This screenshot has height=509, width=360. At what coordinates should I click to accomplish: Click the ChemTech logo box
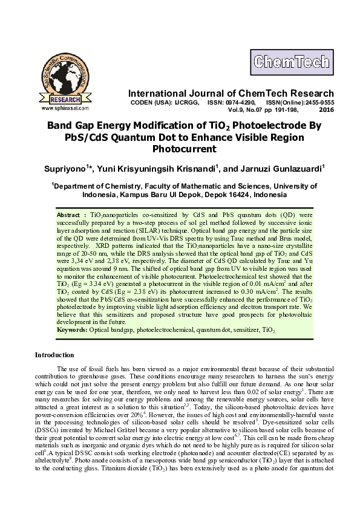(x=291, y=62)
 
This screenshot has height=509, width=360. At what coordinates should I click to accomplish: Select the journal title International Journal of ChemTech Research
(x=231, y=94)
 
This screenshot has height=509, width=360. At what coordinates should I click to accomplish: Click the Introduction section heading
(x=54, y=355)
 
